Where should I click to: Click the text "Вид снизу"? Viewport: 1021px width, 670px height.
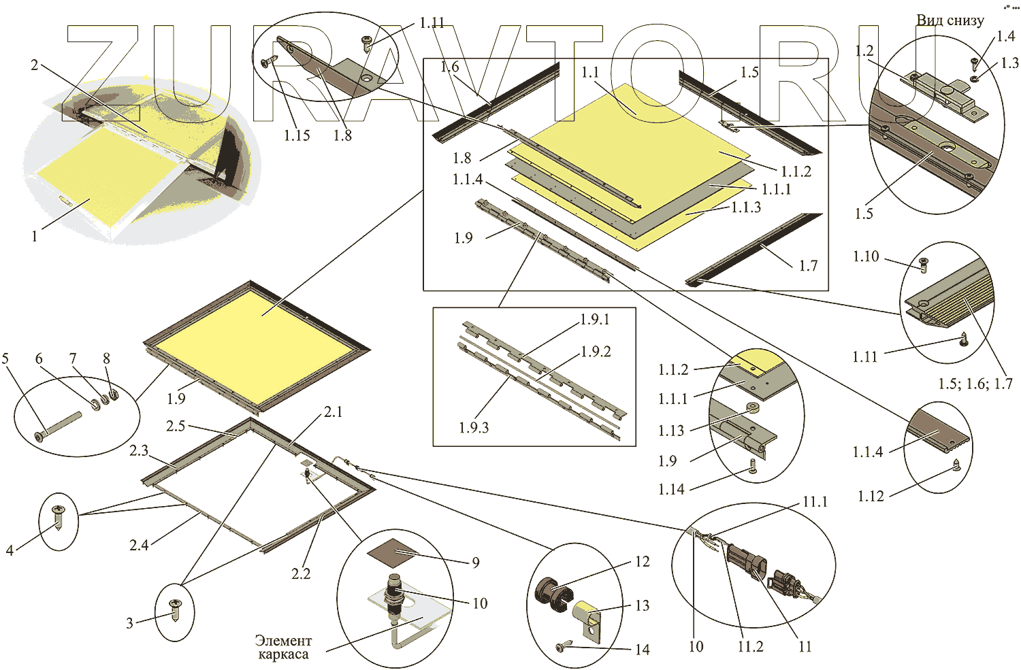pos(950,20)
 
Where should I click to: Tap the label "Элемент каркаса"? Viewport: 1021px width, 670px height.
pos(283,648)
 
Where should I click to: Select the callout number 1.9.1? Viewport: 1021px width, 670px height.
pos(595,320)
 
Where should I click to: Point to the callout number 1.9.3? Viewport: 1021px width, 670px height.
pos(474,427)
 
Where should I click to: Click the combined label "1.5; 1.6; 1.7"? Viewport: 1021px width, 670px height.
pos(975,384)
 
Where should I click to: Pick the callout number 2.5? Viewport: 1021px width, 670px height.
pos(176,426)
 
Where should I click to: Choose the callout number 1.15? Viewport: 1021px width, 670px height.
pos(297,135)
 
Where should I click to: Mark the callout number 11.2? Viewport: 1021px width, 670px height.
pos(750,646)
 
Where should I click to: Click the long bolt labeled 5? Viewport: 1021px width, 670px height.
pos(58,426)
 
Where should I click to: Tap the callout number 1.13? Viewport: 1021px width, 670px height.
pos(671,431)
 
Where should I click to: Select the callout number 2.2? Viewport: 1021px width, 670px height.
pos(301,573)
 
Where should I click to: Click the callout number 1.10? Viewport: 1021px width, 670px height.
pos(866,256)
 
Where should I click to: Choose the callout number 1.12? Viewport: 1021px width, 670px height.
pos(871,496)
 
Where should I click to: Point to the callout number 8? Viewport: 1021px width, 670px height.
pos(106,358)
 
